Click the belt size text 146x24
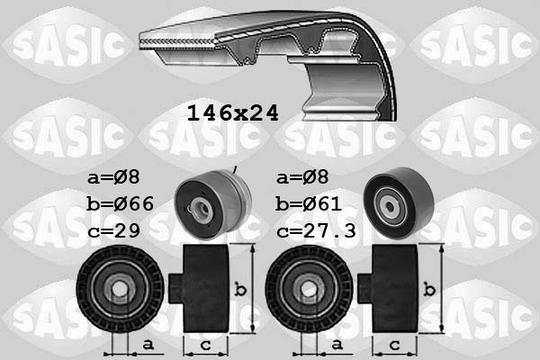tap(231, 112)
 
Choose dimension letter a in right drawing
tap(338, 344)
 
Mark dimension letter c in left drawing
tap(206, 345)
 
